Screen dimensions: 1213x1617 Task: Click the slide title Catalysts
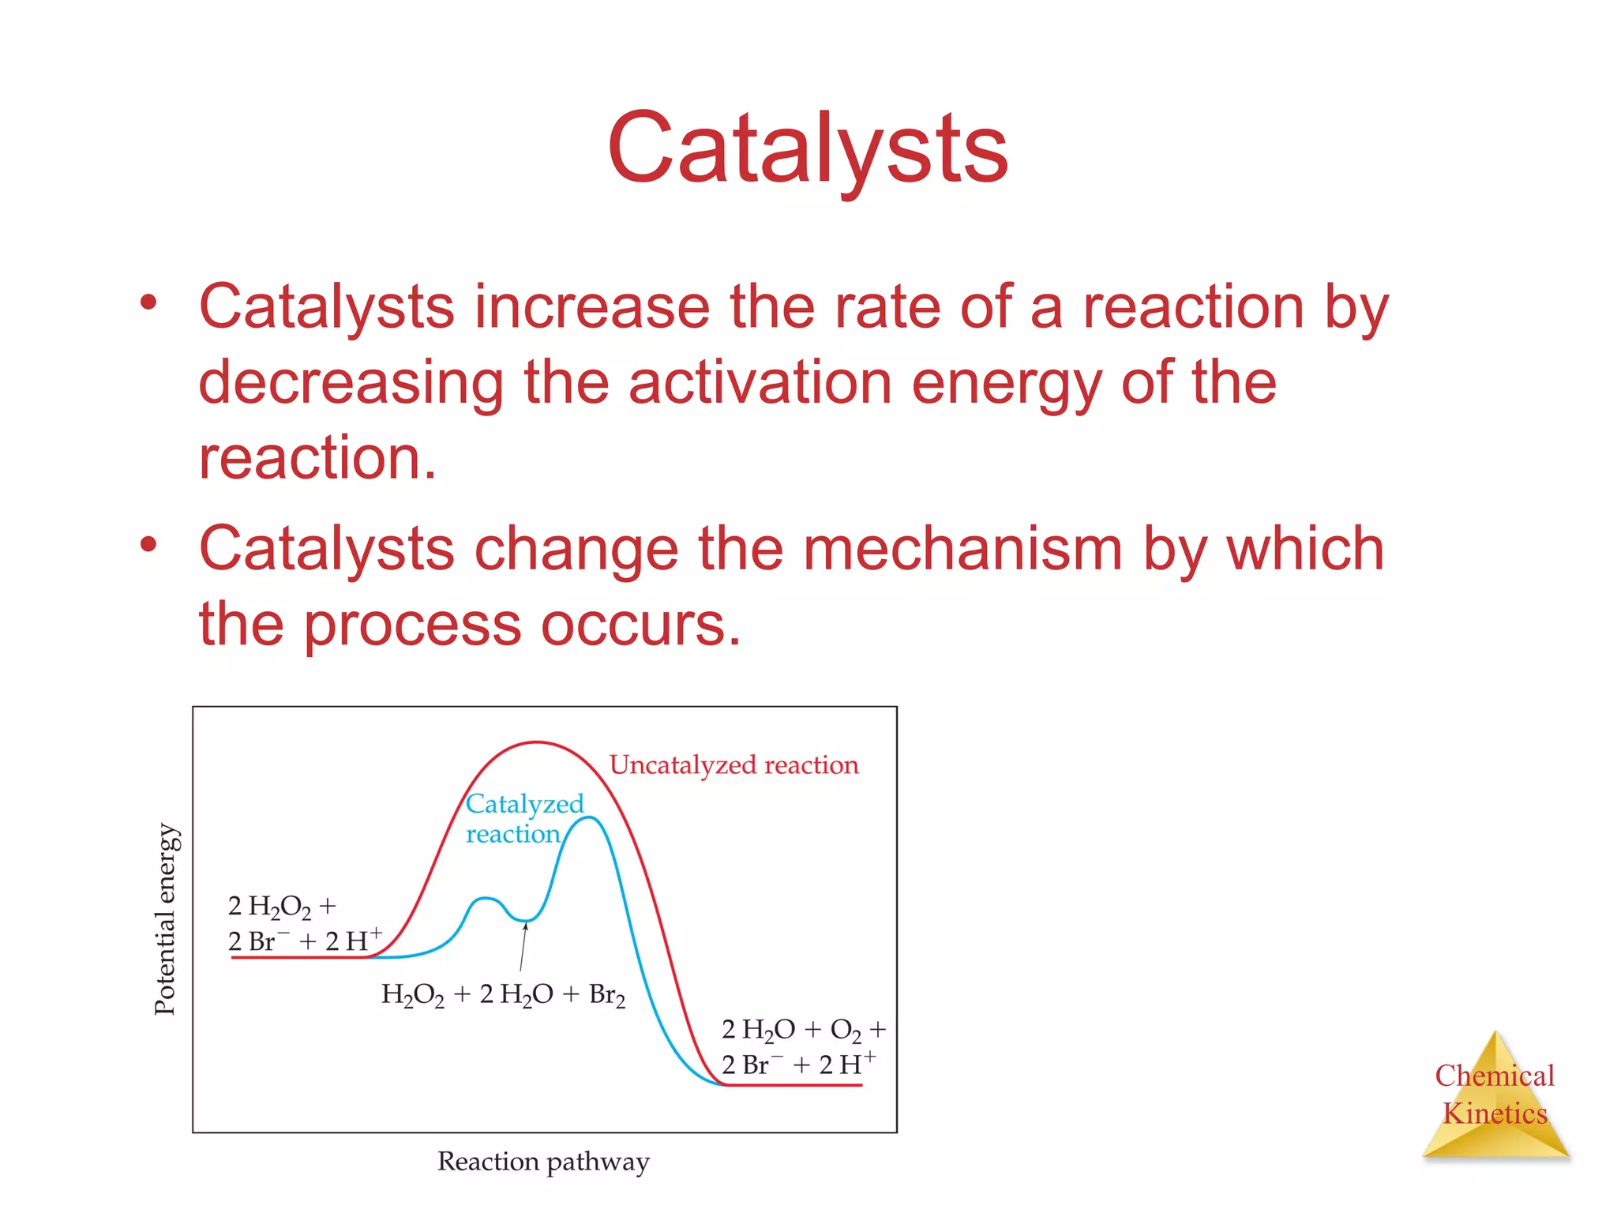tap(807, 148)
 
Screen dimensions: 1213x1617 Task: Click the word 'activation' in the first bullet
tap(759, 382)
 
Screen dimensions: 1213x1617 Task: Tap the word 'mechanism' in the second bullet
tap(962, 549)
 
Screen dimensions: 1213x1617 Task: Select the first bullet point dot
tap(148, 302)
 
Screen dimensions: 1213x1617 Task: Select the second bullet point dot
tap(148, 544)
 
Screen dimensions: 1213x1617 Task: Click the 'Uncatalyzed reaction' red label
tap(733, 765)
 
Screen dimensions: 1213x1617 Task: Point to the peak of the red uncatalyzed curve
tap(537, 742)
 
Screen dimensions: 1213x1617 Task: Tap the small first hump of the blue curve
tap(485, 899)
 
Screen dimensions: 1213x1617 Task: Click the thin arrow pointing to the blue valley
tap(523, 948)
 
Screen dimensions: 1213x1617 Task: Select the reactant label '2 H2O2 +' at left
tap(282, 907)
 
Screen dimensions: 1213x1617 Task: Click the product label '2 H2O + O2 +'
tap(803, 1030)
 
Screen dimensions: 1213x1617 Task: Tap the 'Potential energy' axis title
tap(164, 919)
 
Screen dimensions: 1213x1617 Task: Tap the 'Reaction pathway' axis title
tap(543, 1162)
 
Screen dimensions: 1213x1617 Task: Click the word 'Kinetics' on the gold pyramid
tap(1495, 1113)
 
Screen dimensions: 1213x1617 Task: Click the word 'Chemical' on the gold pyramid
tap(1495, 1076)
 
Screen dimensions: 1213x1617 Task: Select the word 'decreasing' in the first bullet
tap(351, 382)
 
